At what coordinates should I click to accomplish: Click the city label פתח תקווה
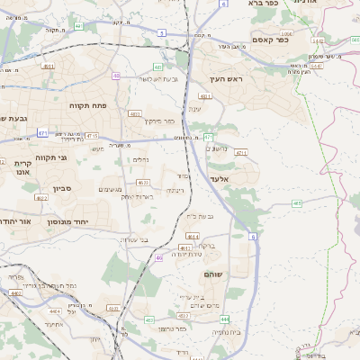tap(88, 105)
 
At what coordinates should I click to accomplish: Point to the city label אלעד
tap(220, 180)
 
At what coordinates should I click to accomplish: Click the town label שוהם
tap(213, 273)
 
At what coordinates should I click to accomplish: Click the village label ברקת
tap(205, 245)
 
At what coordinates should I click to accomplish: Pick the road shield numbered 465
tap(297, 203)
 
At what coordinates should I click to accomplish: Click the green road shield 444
tap(224, 319)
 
